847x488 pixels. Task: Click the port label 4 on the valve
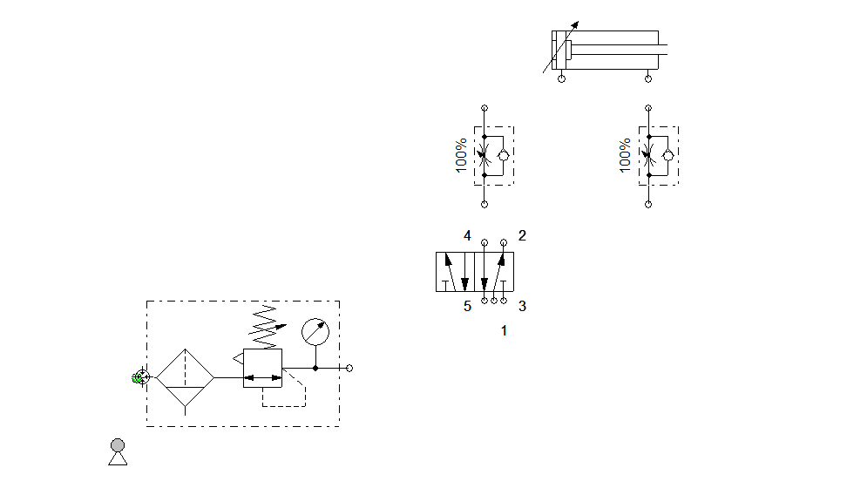point(468,235)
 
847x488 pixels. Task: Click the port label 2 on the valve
point(522,235)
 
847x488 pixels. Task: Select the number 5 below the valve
point(468,306)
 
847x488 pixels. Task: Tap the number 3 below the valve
point(522,306)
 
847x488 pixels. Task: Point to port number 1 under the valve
point(504,331)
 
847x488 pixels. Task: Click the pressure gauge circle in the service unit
point(315,332)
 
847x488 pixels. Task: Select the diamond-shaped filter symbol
point(185,377)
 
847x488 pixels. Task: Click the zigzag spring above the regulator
point(264,326)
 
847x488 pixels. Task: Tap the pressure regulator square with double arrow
point(262,368)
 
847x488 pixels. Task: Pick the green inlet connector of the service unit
point(139,377)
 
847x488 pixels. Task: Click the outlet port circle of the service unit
point(349,368)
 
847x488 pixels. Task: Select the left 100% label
point(461,155)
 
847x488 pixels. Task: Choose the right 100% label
point(625,155)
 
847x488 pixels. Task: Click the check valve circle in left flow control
point(503,156)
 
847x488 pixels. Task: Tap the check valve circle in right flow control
point(667,156)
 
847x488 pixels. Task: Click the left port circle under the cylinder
point(561,79)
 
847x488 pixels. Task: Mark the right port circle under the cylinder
point(647,79)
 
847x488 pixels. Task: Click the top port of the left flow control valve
point(484,109)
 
